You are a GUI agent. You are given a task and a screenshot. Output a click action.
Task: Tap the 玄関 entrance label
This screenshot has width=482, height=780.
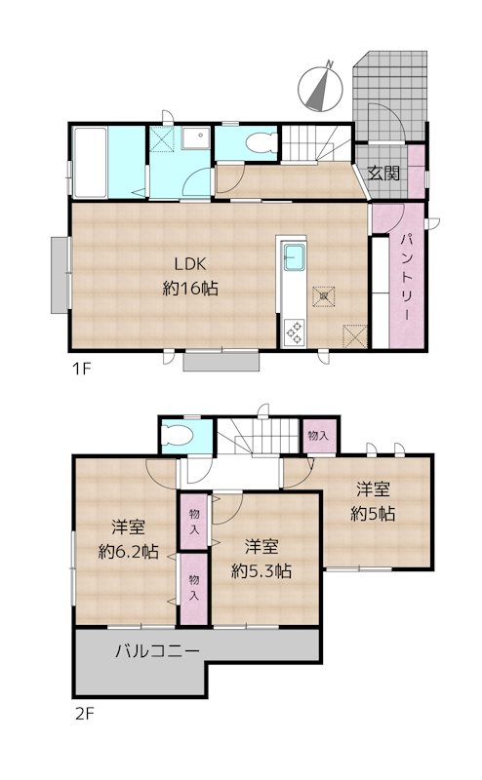383,174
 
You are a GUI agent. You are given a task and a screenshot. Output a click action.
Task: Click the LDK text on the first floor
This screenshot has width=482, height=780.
190,263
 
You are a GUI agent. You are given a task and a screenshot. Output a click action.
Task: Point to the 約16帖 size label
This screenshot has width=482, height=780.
190,289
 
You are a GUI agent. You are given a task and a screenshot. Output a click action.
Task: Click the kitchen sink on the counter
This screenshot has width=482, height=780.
294,260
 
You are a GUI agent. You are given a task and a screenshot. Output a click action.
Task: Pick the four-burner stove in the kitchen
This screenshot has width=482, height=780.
293,331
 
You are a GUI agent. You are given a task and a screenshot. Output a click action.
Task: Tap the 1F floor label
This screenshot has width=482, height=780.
80,369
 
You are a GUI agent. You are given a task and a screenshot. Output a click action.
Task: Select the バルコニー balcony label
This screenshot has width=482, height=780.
157,650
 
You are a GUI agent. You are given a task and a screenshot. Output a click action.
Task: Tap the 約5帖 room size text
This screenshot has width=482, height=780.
375,514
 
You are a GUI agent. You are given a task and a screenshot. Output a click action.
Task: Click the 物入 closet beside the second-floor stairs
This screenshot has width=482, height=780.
316,435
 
